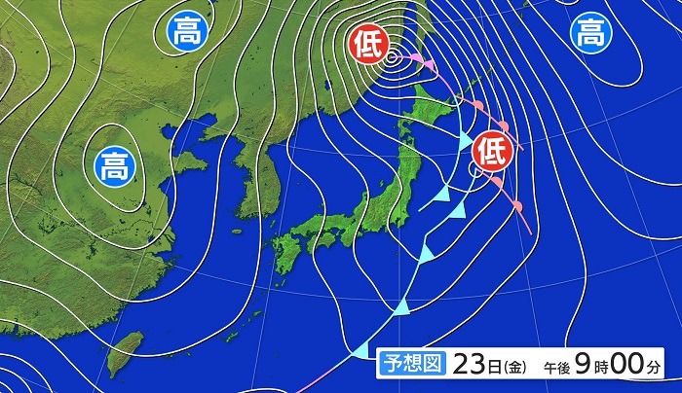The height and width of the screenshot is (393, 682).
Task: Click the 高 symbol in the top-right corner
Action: click(589, 34)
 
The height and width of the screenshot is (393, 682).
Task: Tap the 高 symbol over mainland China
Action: click(115, 166)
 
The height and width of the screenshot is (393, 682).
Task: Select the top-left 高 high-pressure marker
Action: click(183, 32)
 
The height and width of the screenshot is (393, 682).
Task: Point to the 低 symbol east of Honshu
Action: click(492, 151)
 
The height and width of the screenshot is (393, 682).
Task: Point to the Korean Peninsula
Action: click(253, 185)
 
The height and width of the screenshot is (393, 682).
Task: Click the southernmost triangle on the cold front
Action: click(400, 308)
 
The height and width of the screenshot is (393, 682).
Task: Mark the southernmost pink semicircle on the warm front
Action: click(516, 206)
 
